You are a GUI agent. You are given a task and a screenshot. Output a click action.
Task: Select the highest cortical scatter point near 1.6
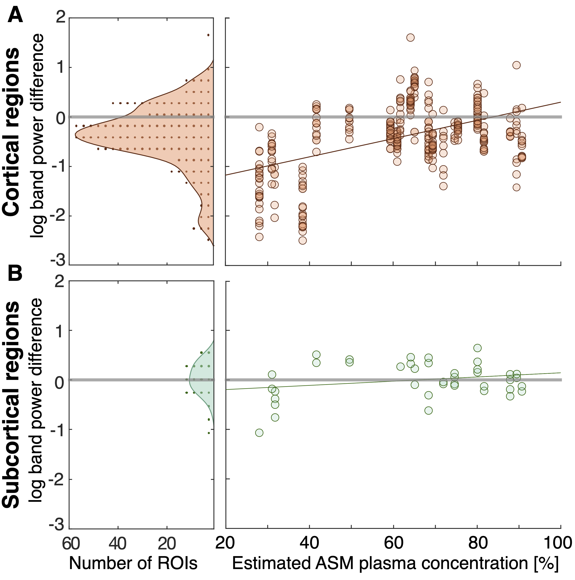click(x=410, y=38)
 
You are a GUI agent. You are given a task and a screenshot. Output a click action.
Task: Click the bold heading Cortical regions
click(x=11, y=132)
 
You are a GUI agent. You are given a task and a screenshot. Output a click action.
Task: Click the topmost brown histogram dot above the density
click(x=208, y=35)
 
